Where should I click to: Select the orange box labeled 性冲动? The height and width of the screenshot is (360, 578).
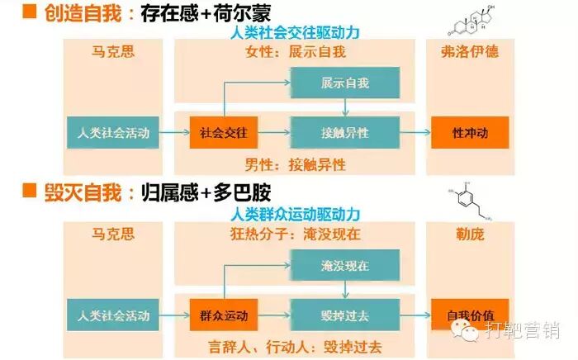point(469,132)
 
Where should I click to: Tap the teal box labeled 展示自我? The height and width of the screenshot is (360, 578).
point(344,84)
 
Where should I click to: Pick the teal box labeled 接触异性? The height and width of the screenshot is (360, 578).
point(344,132)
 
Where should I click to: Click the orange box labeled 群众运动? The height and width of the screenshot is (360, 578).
point(225,315)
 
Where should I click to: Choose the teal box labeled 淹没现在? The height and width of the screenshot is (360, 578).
point(344,268)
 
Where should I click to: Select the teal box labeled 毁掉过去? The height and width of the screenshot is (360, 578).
point(344,315)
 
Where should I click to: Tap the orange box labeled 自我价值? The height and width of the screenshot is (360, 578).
point(469,315)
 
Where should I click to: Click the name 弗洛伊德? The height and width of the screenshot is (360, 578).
point(469,52)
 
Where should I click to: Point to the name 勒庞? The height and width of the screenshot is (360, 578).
point(469,234)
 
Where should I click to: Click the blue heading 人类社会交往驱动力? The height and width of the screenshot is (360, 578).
point(296,33)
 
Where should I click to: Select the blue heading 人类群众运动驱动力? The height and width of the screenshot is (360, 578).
point(296,215)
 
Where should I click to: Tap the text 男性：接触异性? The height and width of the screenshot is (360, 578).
point(296,163)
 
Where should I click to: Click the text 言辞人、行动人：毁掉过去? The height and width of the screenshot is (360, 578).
point(296,347)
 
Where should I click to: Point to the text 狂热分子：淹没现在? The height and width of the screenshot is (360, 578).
point(296,234)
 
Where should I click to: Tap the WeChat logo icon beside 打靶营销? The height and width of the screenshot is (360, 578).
point(469,332)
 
